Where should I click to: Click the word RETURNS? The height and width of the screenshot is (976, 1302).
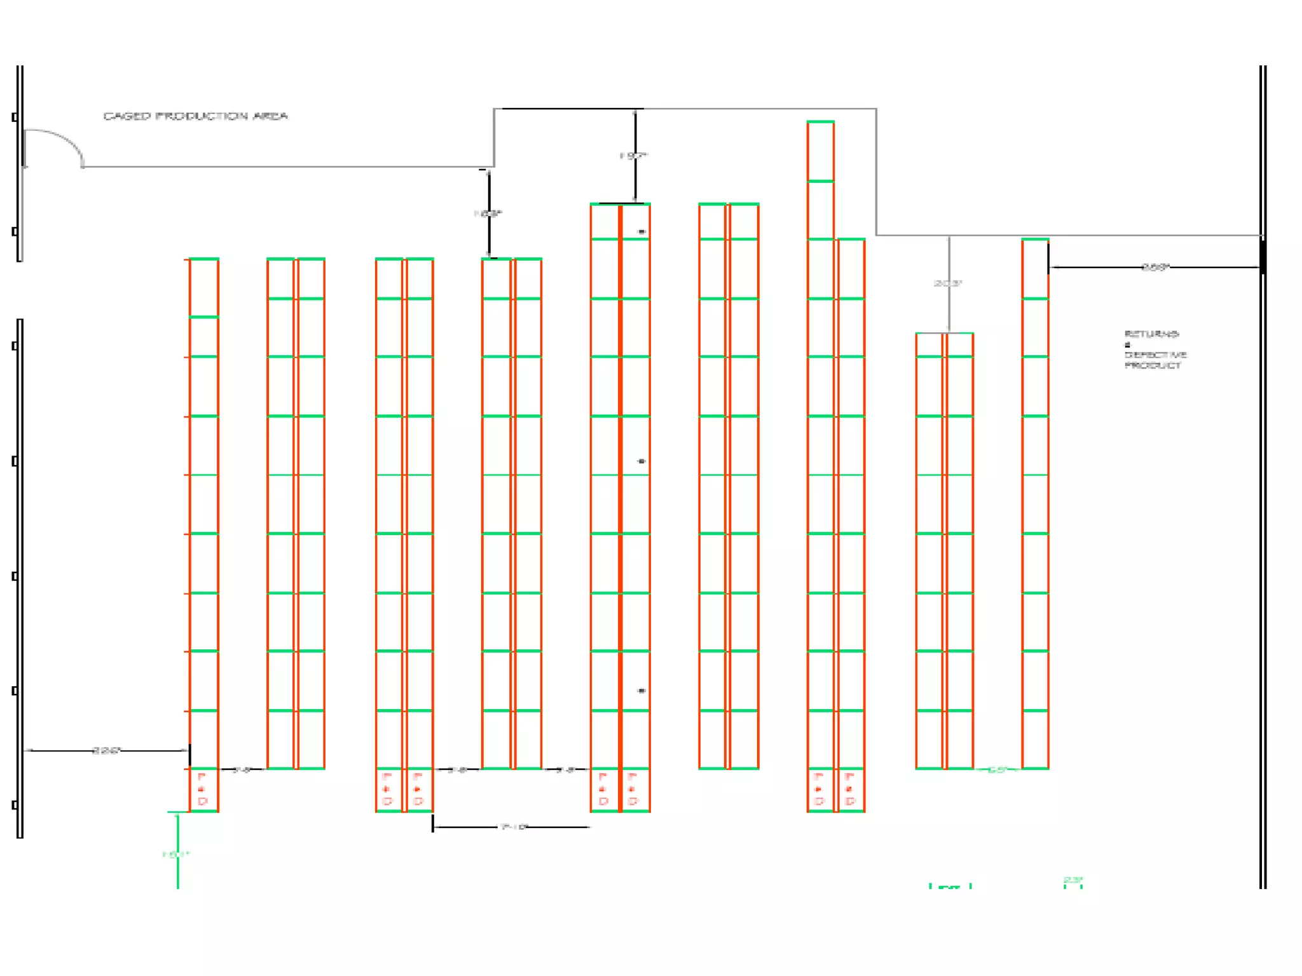click(x=1151, y=334)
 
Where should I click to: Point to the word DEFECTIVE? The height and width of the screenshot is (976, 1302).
click(x=1155, y=355)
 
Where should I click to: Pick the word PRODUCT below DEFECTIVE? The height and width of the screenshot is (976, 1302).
click(x=1153, y=365)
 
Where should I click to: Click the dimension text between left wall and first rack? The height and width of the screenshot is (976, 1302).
click(x=106, y=750)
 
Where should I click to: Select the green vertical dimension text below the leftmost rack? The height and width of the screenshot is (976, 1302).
click(x=175, y=855)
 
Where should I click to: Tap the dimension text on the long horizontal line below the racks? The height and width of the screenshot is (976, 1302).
click(x=514, y=827)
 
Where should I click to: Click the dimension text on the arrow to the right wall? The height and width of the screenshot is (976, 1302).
click(x=1155, y=268)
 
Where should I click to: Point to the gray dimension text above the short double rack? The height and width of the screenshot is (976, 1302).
click(x=947, y=283)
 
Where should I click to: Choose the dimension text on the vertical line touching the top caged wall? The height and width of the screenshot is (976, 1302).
click(x=634, y=156)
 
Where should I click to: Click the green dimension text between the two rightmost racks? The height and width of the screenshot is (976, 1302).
click(x=997, y=770)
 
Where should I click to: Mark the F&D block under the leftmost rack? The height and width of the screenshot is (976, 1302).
click(x=203, y=790)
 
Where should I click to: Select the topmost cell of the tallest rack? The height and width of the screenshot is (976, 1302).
click(x=820, y=151)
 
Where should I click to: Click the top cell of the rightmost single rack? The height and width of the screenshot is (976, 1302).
click(x=1035, y=269)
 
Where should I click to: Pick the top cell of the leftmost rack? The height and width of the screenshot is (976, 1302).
click(x=203, y=288)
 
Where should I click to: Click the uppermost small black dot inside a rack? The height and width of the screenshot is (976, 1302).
click(x=641, y=232)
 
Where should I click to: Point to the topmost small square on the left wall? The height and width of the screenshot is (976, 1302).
click(x=15, y=117)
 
